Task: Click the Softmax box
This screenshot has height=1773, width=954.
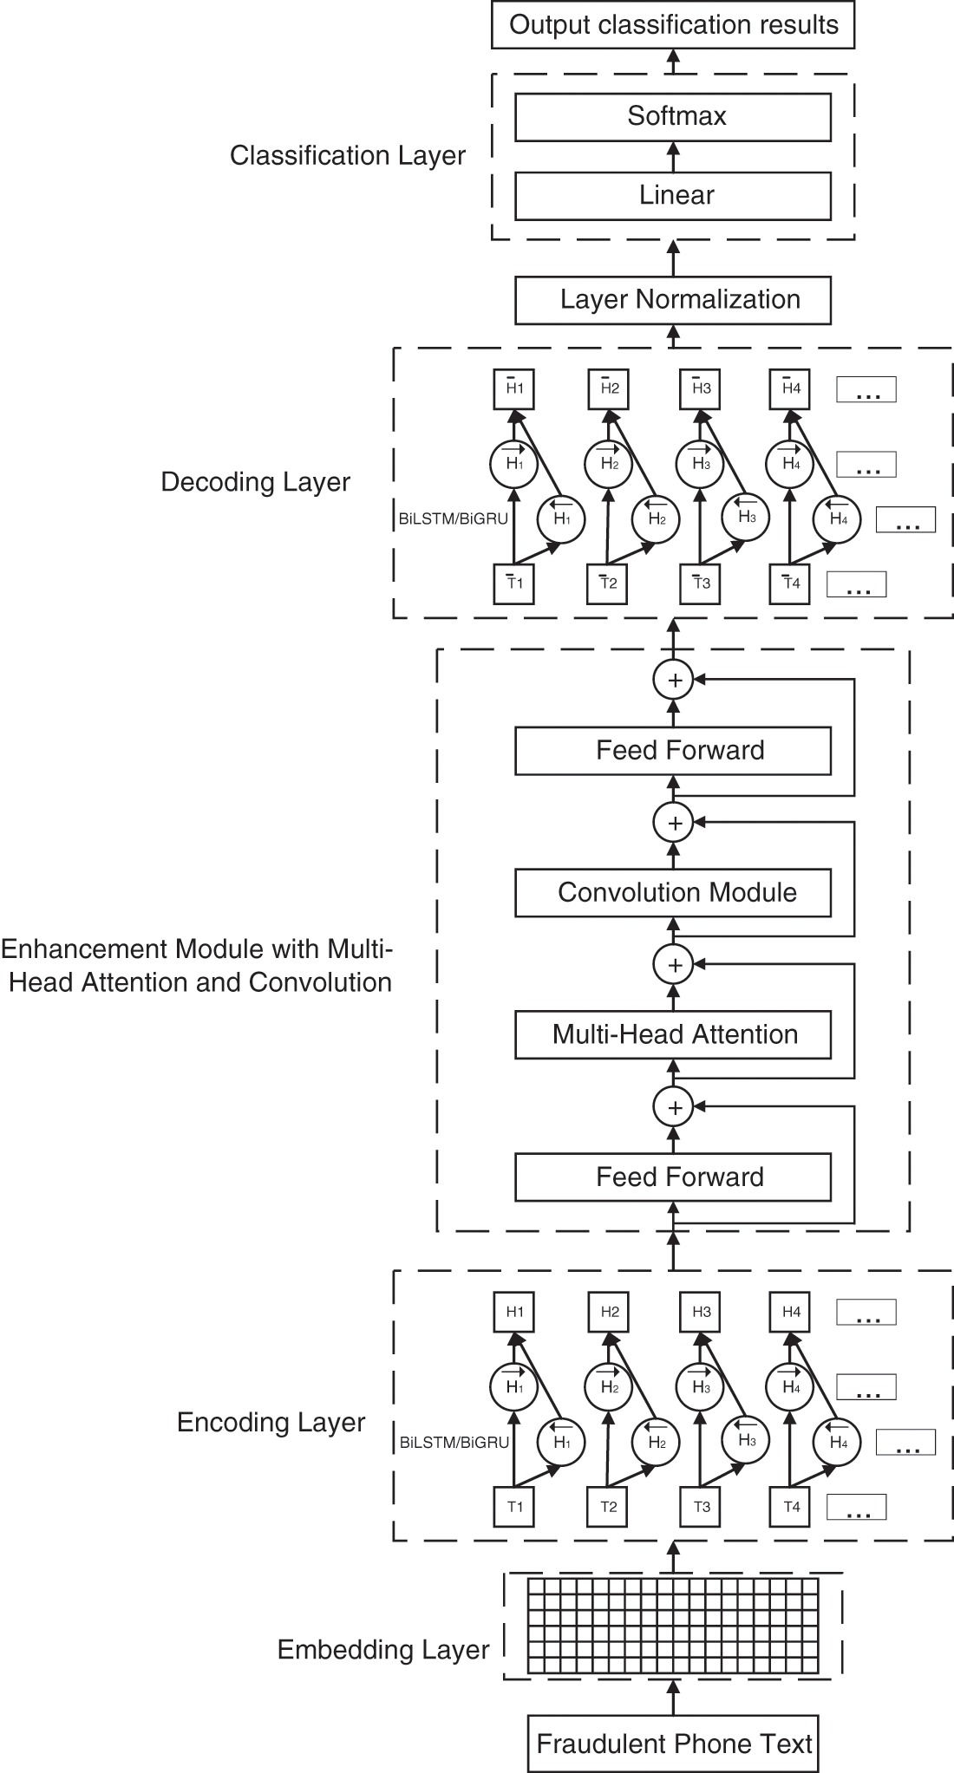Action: [673, 116]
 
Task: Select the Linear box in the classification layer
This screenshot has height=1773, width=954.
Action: [673, 195]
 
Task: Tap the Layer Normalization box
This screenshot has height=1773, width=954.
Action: [673, 300]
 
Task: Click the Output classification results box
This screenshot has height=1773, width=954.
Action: [673, 25]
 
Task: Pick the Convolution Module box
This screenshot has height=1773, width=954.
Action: [673, 893]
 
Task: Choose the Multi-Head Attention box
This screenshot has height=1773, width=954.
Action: [673, 1034]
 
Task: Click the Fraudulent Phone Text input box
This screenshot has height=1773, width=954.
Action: [673, 1744]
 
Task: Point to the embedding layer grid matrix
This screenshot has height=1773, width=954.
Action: [673, 1626]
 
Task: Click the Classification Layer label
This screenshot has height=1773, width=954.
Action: [347, 156]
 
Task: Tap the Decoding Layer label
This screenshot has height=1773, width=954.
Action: [256, 482]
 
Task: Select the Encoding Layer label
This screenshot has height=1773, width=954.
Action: [271, 1423]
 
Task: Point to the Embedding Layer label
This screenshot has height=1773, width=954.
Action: [383, 1650]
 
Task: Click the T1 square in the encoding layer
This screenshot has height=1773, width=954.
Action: [514, 1507]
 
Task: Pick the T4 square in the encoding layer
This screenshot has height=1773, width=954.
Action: [791, 1507]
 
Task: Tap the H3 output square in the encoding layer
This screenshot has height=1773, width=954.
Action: [701, 1312]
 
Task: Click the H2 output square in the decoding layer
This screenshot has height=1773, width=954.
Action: [609, 388]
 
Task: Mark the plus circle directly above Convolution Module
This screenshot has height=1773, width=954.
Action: [674, 823]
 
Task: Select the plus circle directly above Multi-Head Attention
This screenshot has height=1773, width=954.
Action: [674, 964]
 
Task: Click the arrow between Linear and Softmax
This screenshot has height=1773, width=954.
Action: [673, 157]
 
